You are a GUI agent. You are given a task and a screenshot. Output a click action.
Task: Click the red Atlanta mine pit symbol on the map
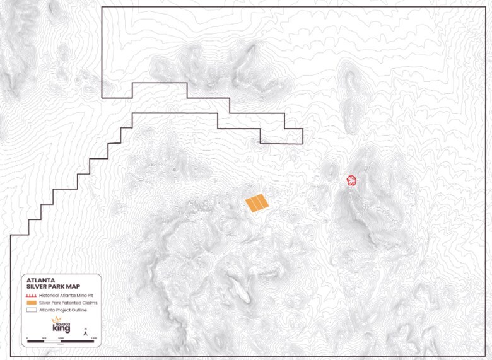pos(352,181)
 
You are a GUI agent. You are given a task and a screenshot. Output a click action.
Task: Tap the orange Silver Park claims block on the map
pos(257,203)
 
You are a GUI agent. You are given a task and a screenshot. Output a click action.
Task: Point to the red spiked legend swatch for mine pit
pos(32,296)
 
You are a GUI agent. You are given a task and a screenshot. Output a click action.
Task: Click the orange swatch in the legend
pos(32,303)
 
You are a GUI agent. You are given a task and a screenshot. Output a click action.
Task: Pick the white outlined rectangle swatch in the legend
pos(32,310)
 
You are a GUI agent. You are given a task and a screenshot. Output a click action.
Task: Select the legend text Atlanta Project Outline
pos(62,310)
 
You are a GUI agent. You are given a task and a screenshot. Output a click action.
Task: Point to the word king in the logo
pos(62,329)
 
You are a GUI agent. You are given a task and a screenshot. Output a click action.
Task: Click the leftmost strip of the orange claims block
pos(250,205)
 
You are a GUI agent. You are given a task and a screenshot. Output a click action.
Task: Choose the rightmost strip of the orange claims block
pos(263,201)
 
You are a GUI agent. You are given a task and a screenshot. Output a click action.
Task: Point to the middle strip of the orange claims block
pos(257,203)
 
